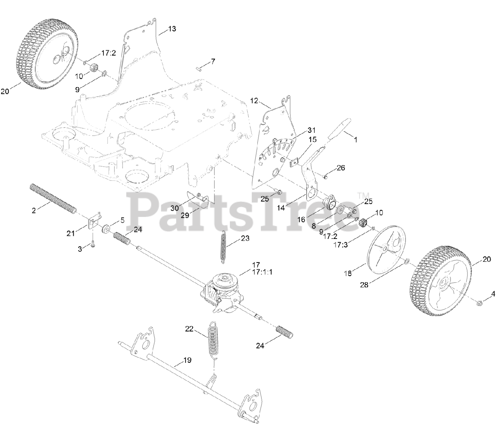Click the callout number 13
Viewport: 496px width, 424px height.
pyautogui.click(x=172, y=29)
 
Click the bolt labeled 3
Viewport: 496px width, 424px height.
pyautogui.click(x=93, y=244)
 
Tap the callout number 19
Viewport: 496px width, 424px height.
pyautogui.click(x=187, y=360)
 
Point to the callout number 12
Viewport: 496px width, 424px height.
pyautogui.click(x=254, y=101)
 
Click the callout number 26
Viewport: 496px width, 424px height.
pyautogui.click(x=341, y=168)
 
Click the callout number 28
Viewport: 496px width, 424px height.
pyautogui.click(x=364, y=285)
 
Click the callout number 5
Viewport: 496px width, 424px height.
pyautogui.click(x=122, y=220)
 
